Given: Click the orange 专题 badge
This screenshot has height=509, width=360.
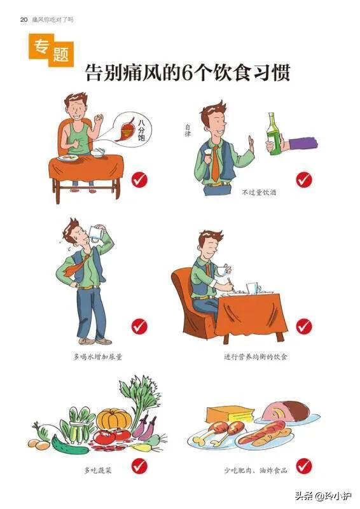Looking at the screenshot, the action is click(52, 50).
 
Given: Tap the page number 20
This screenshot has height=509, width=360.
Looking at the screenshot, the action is click(24, 20).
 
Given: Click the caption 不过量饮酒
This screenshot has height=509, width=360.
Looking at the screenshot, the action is click(259, 192).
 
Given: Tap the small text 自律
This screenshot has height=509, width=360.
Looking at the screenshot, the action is click(188, 130).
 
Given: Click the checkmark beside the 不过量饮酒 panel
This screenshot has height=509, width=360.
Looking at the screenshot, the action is click(304, 179).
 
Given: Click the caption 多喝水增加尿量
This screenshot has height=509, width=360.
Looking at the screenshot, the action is click(97, 357).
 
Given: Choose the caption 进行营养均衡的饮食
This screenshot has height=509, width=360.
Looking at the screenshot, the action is click(256, 357).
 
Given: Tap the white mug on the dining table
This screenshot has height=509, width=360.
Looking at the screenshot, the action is click(254, 288).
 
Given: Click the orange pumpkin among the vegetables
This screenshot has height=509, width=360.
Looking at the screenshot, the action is click(114, 420).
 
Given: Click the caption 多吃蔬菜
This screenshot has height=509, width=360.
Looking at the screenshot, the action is click(98, 470).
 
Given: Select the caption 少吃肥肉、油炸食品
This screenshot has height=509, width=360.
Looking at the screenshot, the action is click(256, 470).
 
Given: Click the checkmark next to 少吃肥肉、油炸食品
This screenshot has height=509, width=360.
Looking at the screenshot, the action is click(304, 466).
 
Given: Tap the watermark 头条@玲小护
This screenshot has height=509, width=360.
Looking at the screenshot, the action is click(323, 496).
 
